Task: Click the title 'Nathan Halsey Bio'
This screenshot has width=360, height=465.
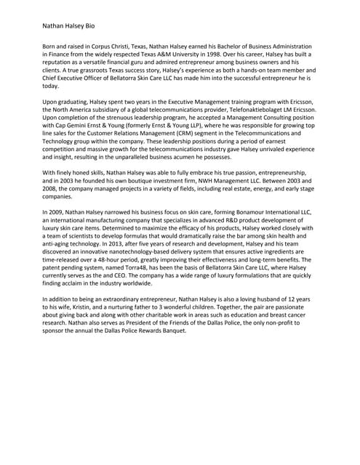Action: [69, 25]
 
